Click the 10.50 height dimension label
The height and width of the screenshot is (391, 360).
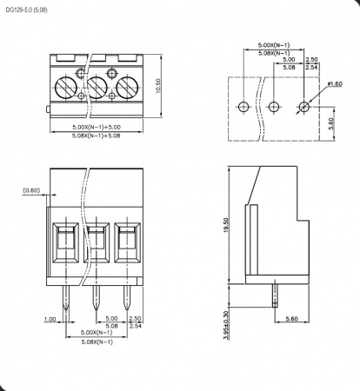(158, 86)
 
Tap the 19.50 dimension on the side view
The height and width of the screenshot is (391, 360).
(226, 225)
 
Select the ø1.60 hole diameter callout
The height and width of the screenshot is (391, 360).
(335, 84)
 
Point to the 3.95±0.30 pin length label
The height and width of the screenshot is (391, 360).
(226, 325)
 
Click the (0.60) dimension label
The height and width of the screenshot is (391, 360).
(31, 190)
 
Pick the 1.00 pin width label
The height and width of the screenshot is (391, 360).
(50, 319)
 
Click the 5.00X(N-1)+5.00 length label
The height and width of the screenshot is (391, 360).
(97, 127)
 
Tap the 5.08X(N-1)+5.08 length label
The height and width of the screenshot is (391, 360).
(97, 136)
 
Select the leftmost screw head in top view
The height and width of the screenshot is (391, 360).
(65, 88)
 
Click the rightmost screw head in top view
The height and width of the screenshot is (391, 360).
(127, 88)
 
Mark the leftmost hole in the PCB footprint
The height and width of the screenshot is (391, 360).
(243, 107)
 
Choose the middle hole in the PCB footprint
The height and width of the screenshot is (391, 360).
(273, 107)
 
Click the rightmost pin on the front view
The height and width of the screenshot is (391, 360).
(126, 298)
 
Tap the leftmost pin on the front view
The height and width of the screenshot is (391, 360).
(66, 298)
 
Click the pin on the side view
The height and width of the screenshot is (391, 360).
(275, 295)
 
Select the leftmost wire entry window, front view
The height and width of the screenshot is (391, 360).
(65, 242)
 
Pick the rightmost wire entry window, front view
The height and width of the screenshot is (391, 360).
(127, 242)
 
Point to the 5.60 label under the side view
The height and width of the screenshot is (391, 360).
(291, 319)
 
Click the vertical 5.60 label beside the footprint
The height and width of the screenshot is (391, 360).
(331, 123)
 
